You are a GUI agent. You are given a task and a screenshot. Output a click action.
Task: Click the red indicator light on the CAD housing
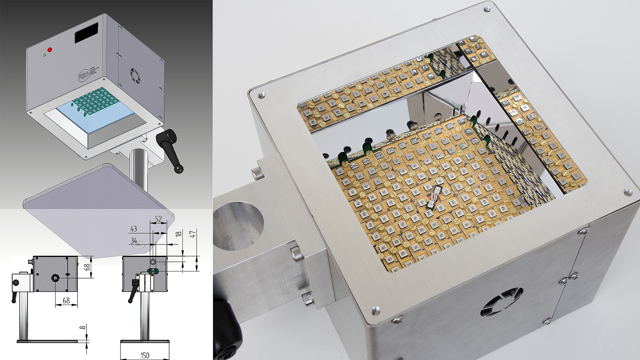(50, 50)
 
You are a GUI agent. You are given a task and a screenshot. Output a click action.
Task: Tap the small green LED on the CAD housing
(45, 55)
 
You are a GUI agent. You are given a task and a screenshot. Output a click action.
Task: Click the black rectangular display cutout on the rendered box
(86, 33)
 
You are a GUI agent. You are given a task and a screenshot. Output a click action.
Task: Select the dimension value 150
(145, 355)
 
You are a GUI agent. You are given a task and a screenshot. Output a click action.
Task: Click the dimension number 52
(158, 219)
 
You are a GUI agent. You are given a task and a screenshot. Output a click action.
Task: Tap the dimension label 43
(134, 229)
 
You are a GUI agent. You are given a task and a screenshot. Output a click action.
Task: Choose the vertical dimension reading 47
(194, 234)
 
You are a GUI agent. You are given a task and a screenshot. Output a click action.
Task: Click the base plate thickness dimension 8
(82, 328)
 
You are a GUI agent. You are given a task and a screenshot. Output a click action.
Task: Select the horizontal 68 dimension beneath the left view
(66, 301)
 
